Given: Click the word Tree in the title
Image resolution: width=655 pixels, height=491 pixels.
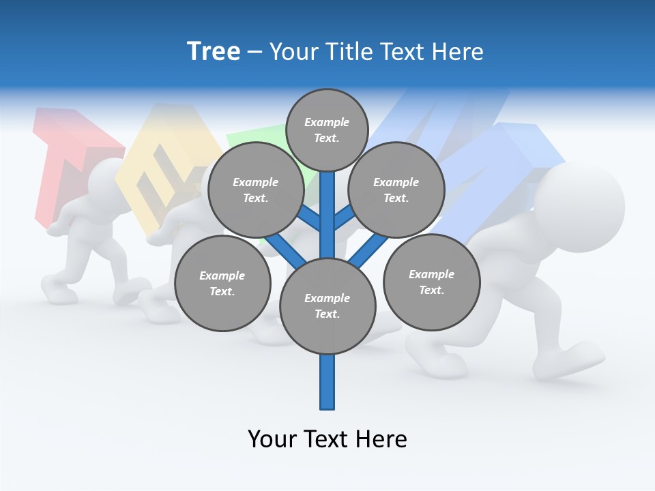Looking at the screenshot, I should [214, 52].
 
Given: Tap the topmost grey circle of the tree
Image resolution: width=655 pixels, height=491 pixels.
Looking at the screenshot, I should [327, 130].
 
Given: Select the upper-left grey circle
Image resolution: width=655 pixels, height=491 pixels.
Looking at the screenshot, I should [255, 190].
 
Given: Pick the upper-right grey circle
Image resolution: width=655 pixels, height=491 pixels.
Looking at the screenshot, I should [396, 190].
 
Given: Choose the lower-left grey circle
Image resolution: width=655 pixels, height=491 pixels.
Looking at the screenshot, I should [222, 283].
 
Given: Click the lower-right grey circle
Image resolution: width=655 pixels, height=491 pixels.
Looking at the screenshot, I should [431, 282].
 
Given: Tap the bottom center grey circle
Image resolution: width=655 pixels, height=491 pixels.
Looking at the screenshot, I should [327, 306].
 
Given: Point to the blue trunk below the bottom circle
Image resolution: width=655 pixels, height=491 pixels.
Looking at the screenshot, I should [327, 382].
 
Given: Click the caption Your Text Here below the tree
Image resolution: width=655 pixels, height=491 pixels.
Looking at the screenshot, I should [327, 438].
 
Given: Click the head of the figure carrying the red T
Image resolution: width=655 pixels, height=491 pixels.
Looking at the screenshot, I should [102, 181].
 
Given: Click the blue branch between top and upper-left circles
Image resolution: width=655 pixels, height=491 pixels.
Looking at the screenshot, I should [310, 218].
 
